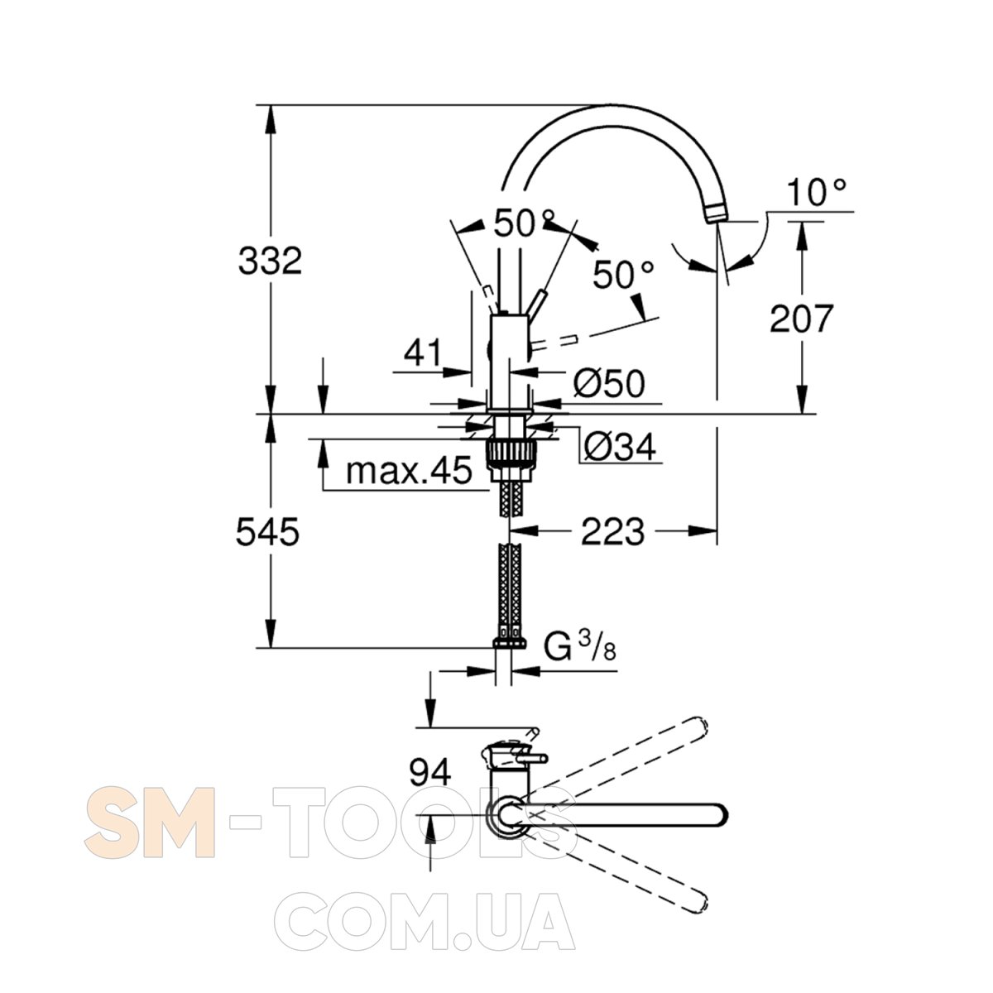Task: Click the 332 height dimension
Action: click(270, 261)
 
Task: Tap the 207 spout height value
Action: click(801, 319)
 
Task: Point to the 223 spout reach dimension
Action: click(612, 531)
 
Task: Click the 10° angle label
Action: click(816, 192)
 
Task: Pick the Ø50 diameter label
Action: click(608, 383)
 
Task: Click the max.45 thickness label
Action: click(409, 470)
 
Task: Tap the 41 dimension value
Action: click(423, 353)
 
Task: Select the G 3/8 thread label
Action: click(580, 647)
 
